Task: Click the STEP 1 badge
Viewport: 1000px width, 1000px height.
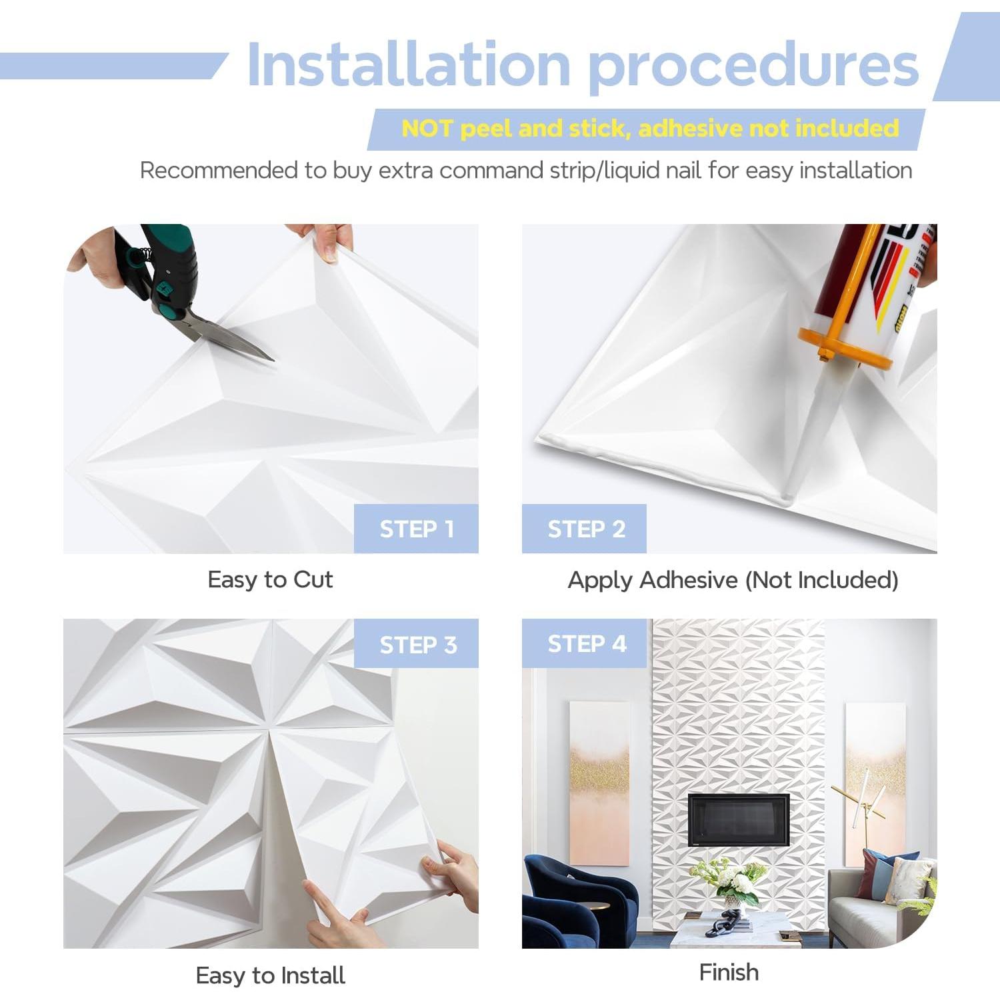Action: [416, 529]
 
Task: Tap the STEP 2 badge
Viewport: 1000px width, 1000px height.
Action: [585, 529]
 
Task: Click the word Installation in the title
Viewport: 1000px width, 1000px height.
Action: [408, 65]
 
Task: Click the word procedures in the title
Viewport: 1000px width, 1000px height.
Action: [753, 66]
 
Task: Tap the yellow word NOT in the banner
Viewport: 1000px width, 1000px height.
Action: [427, 128]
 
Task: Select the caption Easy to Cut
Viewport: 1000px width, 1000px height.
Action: [270, 579]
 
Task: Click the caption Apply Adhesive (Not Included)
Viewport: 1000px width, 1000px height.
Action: [733, 580]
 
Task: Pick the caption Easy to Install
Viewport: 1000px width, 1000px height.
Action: [270, 975]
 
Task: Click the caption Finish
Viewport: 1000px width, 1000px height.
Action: [729, 972]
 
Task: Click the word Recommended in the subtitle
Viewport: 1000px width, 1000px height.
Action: [219, 171]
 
